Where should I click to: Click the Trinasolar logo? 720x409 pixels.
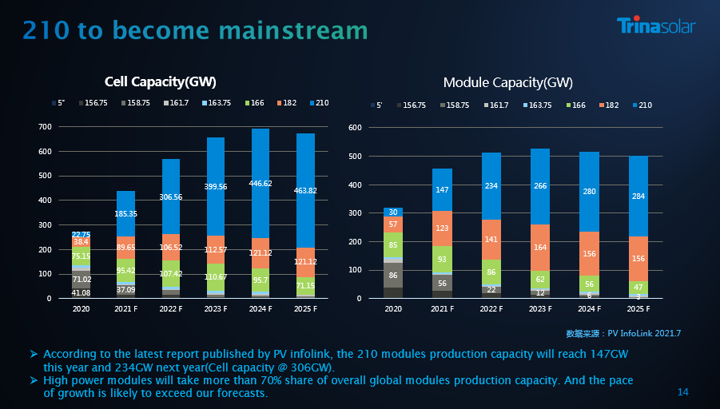[655, 26]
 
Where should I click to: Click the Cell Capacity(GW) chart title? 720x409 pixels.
[161, 81]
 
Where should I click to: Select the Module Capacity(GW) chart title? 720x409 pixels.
[507, 82]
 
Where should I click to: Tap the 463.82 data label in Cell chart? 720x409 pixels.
[304, 190]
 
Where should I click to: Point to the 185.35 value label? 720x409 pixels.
[125, 214]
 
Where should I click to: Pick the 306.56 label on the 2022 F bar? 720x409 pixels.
[170, 197]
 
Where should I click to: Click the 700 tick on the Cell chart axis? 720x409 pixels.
[45, 127]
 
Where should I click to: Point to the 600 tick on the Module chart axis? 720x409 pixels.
[356, 128]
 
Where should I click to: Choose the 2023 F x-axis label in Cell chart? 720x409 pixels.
[216, 308]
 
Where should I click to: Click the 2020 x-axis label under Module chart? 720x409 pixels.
[392, 308]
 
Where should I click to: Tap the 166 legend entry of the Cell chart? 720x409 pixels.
[257, 103]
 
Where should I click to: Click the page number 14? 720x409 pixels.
[682, 391]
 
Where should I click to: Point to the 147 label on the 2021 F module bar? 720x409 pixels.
[442, 190]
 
